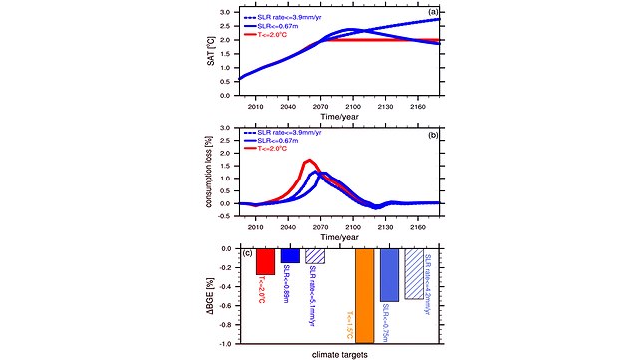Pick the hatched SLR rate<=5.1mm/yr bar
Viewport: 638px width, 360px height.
[315, 255]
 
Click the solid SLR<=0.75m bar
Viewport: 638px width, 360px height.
[389, 274]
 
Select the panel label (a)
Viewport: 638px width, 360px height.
[433, 13]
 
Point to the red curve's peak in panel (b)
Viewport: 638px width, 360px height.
[309, 160]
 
